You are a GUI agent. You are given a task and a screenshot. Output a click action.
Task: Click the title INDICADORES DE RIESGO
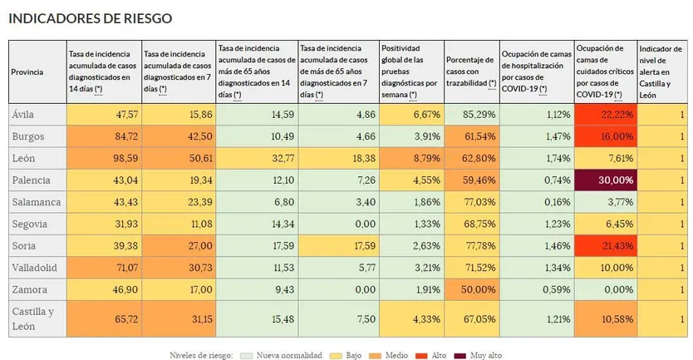[x=91, y=18]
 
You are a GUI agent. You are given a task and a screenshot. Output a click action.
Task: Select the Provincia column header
[x=27, y=72]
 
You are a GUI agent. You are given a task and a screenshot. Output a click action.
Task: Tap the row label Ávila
[x=23, y=115]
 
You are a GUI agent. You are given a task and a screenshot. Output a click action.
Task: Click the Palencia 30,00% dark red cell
[x=606, y=180]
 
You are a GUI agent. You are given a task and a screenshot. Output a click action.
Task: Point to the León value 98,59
[x=125, y=158]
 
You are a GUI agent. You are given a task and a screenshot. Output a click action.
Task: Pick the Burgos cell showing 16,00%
[x=606, y=136]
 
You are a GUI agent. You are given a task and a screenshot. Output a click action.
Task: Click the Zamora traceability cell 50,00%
[x=472, y=289]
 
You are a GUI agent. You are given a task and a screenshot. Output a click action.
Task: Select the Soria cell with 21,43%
[x=606, y=246]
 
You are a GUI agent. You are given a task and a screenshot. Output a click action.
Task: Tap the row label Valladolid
[x=34, y=268]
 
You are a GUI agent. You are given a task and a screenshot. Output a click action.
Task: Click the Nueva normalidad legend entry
[x=281, y=355]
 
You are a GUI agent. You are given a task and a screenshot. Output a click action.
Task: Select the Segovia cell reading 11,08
[x=201, y=224]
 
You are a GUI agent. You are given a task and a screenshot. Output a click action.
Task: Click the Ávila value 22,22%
[x=617, y=115]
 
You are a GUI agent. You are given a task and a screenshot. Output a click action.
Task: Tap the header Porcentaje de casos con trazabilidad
[x=471, y=72]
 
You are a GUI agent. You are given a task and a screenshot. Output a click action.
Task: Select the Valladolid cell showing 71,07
[x=126, y=268]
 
